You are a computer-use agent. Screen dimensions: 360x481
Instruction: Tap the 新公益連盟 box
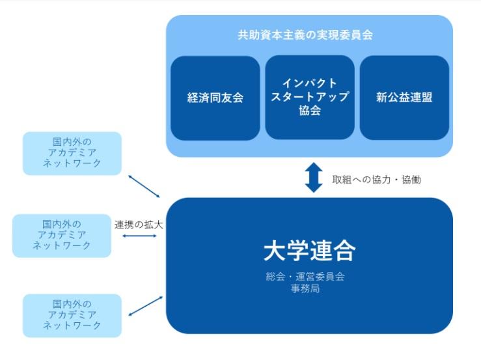pos(404,98)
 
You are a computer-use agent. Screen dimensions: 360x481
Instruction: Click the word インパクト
pos(310,83)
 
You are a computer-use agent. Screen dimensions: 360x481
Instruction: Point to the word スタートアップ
pos(310,97)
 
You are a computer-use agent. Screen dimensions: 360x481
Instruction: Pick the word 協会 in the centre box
pos(310,111)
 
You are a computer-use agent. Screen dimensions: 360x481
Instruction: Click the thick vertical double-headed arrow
pos(314,178)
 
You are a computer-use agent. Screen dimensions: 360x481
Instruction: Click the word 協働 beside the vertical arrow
pos(409,179)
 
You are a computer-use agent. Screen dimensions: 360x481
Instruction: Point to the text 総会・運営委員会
pos(305,276)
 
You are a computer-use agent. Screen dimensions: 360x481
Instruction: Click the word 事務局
pos(305,288)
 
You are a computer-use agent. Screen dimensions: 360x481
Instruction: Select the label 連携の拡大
pos(139,225)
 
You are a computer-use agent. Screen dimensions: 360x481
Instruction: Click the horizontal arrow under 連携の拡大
pos(139,236)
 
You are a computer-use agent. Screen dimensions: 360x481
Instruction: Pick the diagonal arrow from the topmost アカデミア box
pos(144,186)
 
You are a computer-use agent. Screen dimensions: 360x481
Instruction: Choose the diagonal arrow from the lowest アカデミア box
pos(146,305)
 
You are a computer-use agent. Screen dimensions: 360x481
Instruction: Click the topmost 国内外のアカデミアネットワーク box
pos(72,153)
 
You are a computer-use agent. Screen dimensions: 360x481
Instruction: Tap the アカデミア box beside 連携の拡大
pos(62,235)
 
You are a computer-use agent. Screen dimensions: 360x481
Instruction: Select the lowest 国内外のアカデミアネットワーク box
pos(72,315)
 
